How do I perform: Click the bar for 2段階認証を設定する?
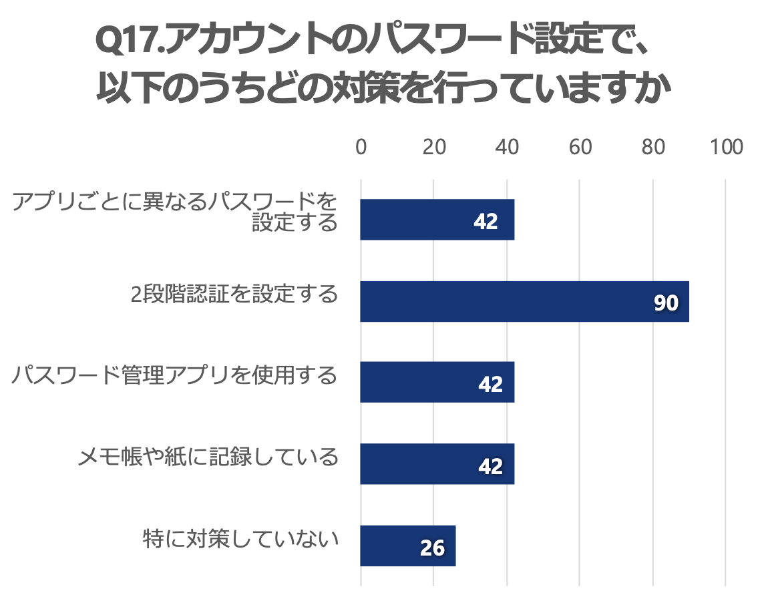524,301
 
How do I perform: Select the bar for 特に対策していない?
407,546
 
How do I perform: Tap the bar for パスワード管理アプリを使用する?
437,382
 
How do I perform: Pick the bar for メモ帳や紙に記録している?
437,463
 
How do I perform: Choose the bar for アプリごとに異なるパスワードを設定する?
437,220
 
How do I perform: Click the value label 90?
666,304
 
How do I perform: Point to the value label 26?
432,548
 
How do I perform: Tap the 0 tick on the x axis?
361,147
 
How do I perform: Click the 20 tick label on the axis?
434,147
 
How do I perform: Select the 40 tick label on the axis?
507,147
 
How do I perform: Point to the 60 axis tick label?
580,147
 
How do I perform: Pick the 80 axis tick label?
652,147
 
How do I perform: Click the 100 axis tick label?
726,147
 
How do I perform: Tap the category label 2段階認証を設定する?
234,294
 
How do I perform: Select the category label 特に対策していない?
240,539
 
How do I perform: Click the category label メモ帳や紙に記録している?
208,457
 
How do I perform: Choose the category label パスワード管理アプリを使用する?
174,376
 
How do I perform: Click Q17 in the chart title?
128,43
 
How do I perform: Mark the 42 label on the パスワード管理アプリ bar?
490,385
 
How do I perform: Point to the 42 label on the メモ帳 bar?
490,466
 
